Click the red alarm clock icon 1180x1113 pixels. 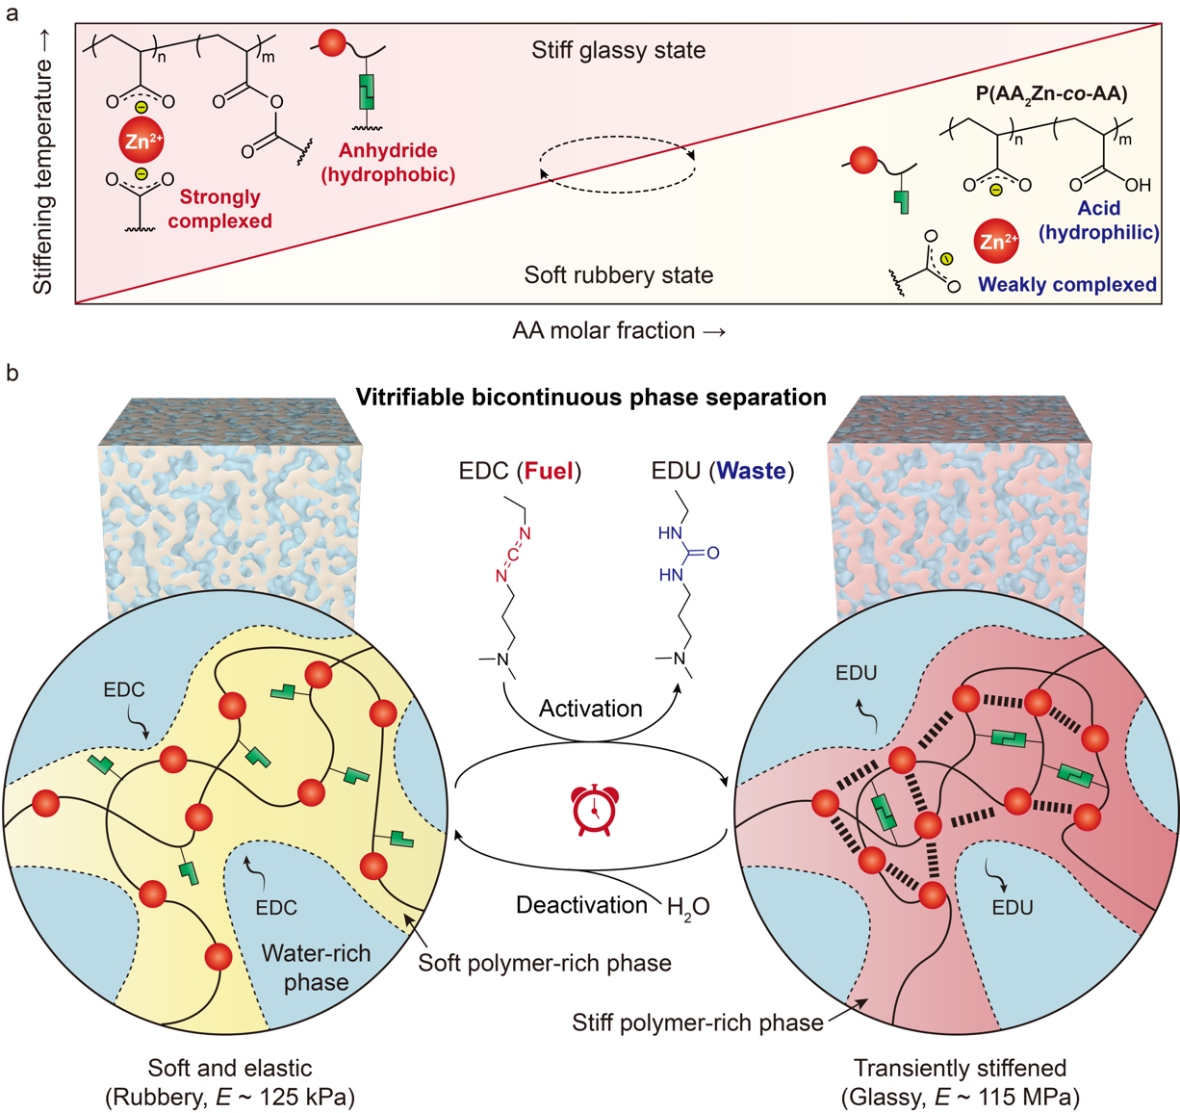click(595, 810)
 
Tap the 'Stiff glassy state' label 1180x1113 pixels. click(618, 50)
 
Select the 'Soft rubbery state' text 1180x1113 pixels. click(618, 275)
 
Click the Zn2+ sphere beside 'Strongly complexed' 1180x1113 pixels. click(141, 141)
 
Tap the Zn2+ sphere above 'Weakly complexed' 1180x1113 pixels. click(996, 242)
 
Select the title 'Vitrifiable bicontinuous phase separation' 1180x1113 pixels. click(590, 397)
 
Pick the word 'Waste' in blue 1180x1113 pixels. click(752, 472)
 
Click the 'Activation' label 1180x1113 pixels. click(590, 709)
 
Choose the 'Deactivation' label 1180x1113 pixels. click(581, 905)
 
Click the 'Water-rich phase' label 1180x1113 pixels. click(316, 967)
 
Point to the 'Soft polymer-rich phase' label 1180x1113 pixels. click(545, 963)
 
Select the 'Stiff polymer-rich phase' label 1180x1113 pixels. click(697, 1022)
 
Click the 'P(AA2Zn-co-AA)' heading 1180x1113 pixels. click(1051, 93)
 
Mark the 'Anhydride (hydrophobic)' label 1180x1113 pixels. click(388, 162)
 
